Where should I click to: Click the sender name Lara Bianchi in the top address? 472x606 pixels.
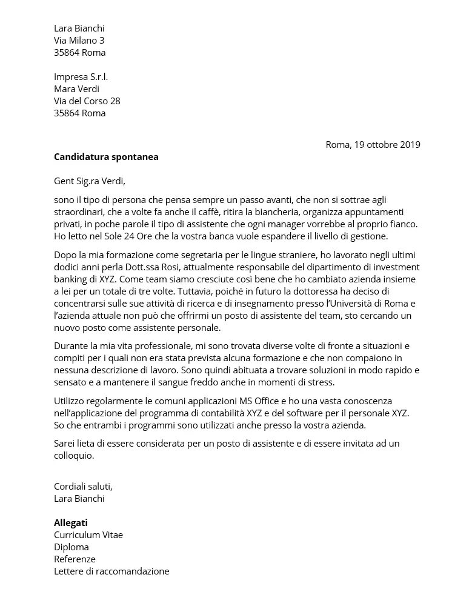tap(79, 28)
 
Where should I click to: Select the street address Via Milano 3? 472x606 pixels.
tap(79, 41)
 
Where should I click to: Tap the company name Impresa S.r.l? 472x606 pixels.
tap(81, 77)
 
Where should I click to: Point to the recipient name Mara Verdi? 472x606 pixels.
tap(76, 89)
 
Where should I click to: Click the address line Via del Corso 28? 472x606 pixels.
tap(87, 101)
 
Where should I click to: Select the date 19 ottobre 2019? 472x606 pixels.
tap(387, 145)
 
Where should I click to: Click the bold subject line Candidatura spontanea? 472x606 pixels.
tap(106, 157)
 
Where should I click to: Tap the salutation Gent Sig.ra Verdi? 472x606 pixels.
tap(89, 181)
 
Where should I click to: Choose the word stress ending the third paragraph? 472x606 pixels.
tap(321, 382)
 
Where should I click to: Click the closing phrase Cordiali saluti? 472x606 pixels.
tap(83, 487)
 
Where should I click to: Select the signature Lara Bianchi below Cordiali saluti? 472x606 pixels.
tap(79, 499)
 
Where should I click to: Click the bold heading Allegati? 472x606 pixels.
tap(70, 523)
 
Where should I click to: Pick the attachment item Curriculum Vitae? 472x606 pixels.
tap(88, 535)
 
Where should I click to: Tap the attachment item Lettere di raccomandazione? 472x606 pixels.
tap(111, 571)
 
